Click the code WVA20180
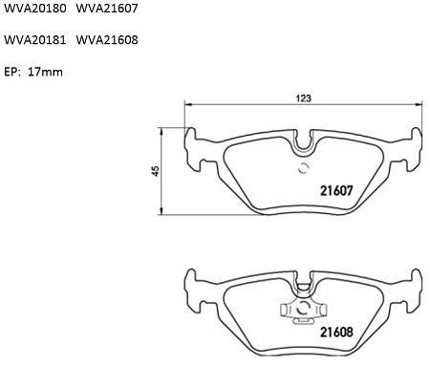click(x=35, y=8)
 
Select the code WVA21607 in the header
click(x=107, y=8)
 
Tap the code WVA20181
click(x=35, y=40)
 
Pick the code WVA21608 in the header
click(x=107, y=40)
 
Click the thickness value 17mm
click(x=45, y=72)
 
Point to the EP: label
click(x=11, y=72)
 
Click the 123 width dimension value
click(x=303, y=98)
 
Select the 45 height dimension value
click(x=156, y=171)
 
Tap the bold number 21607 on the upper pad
click(x=336, y=191)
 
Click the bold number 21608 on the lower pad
click(x=336, y=333)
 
